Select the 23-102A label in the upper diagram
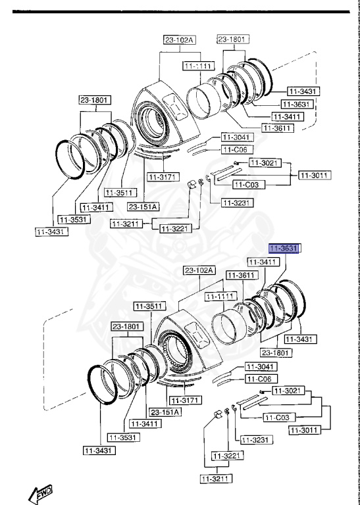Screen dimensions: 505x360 click(x=179, y=39)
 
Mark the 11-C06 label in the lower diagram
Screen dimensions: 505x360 click(x=261, y=379)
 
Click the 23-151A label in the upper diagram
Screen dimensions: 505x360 click(x=143, y=206)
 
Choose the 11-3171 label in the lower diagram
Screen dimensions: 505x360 click(x=184, y=400)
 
